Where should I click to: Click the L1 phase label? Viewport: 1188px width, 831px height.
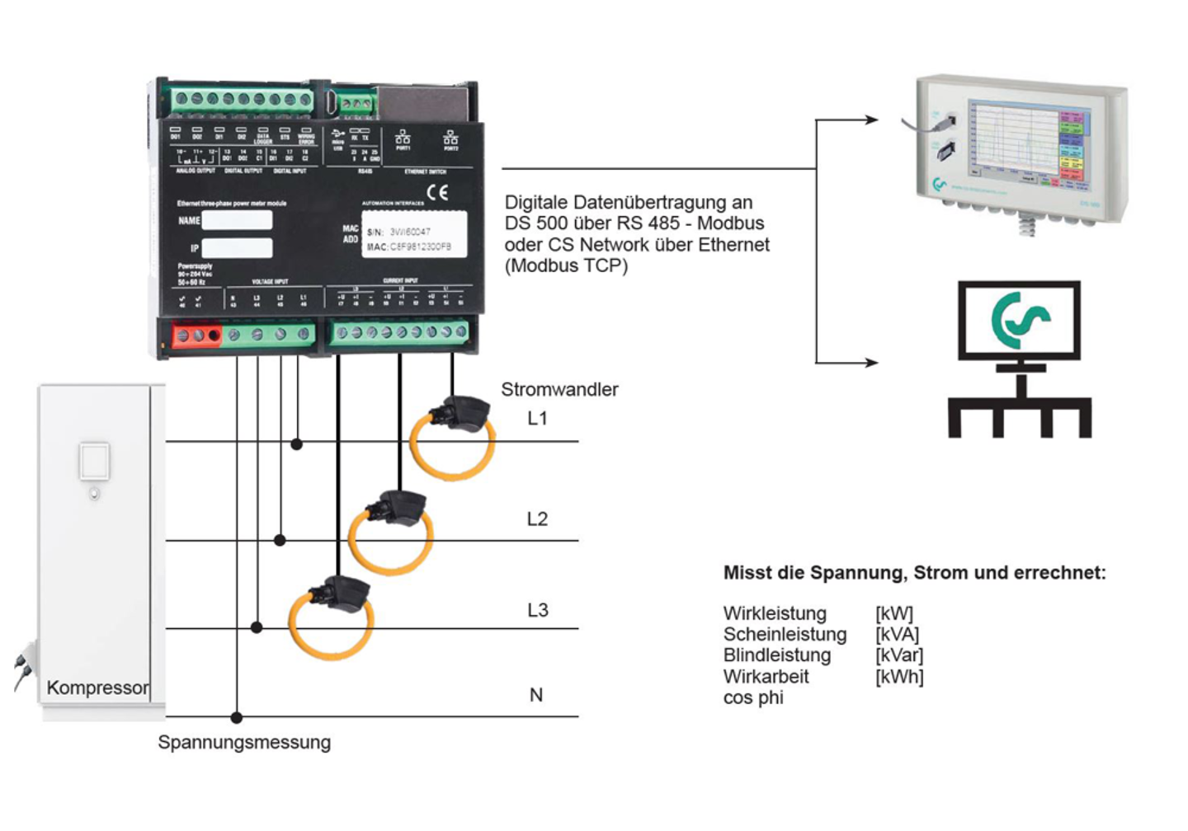click(x=537, y=419)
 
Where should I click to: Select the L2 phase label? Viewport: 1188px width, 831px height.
click(x=537, y=519)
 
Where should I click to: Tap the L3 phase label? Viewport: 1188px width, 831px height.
click(x=537, y=610)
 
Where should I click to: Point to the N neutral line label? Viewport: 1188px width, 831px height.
click(x=536, y=695)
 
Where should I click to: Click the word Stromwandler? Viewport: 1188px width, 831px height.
click(x=559, y=390)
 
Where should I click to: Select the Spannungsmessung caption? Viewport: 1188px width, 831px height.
click(x=244, y=743)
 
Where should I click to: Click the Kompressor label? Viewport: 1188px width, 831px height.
click(x=98, y=688)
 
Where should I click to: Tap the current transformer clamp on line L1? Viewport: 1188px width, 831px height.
click(x=453, y=441)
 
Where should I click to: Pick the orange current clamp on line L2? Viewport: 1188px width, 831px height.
click(x=391, y=532)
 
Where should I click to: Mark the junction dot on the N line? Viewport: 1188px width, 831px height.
click(x=237, y=717)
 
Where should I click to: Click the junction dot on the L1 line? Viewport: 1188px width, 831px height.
click(x=297, y=444)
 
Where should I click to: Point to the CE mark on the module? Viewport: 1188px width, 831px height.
click(x=437, y=193)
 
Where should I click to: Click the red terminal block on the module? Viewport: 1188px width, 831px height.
click(x=197, y=336)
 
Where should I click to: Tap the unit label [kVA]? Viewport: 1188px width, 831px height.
click(x=897, y=635)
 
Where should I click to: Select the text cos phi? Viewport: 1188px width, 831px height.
click(x=753, y=698)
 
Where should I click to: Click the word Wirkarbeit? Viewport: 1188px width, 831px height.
click(x=766, y=677)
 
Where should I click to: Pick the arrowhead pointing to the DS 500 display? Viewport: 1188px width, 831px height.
click(x=871, y=120)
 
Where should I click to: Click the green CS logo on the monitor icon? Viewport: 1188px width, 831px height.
click(x=1020, y=322)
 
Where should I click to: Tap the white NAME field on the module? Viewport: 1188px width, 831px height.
click(x=237, y=220)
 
